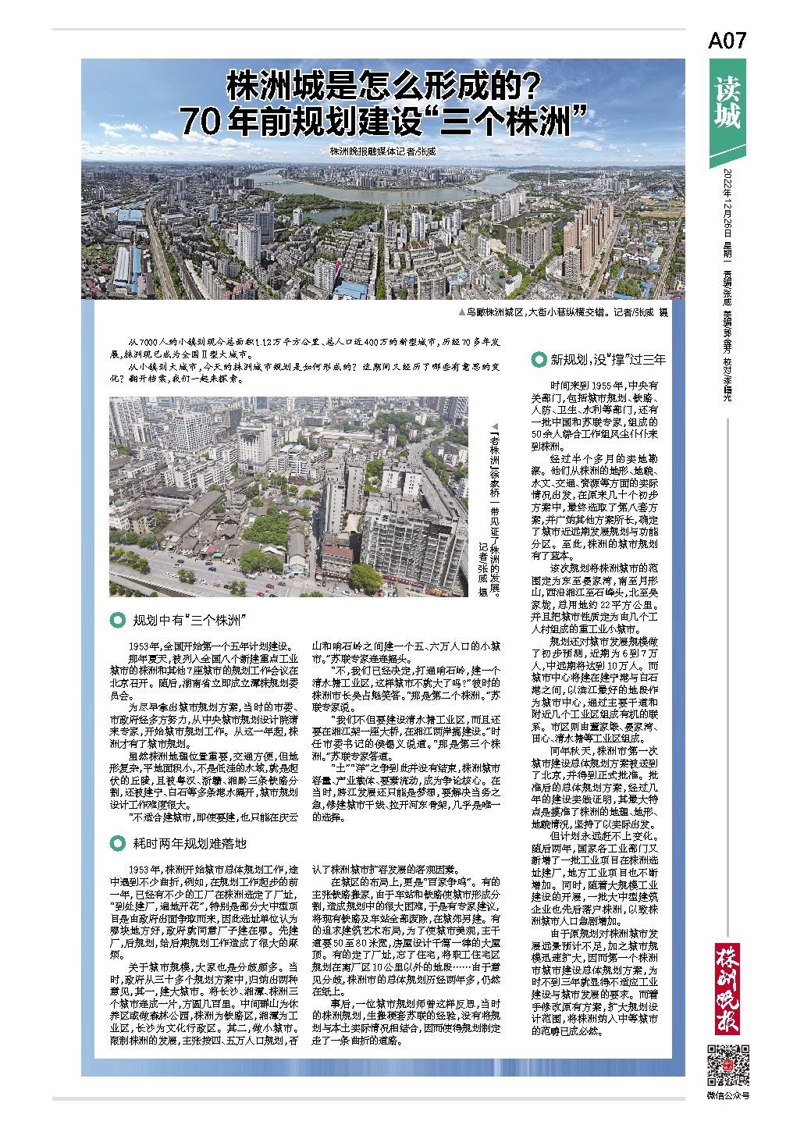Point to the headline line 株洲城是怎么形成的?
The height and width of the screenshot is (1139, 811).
[x=383, y=86]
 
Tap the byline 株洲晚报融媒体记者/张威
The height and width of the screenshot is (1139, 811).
[x=382, y=151]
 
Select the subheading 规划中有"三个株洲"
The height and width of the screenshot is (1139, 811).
[x=190, y=621]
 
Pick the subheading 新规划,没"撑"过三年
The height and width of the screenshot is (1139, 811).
[x=608, y=360]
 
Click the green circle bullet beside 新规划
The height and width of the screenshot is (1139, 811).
[x=539, y=360]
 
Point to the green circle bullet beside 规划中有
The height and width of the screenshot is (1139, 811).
[x=118, y=621]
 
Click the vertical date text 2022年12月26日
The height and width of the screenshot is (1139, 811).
[x=727, y=204]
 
